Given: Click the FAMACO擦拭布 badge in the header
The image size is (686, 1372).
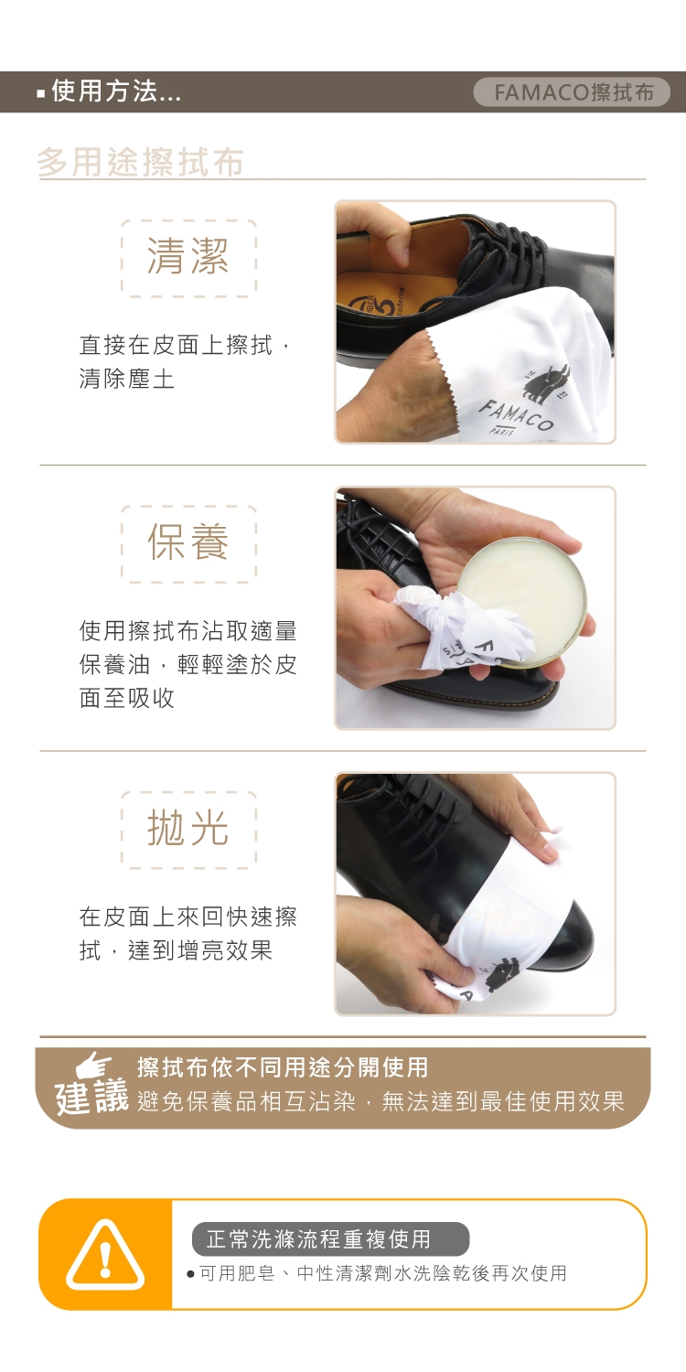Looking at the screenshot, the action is (x=572, y=91).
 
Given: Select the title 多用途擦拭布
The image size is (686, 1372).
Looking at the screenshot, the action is (x=140, y=162).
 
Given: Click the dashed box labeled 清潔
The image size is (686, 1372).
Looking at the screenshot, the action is (x=188, y=259).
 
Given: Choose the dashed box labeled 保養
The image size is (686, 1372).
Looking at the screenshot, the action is (x=188, y=544).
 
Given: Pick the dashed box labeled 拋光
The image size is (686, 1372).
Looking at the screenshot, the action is (x=188, y=830).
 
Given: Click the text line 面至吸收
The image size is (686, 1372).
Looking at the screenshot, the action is (x=127, y=697).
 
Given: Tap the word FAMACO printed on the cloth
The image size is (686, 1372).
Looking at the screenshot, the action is (x=517, y=414).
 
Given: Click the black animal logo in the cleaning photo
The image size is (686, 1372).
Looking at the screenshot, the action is (x=548, y=383).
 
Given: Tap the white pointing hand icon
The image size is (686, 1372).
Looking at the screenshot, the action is (x=93, y=1066).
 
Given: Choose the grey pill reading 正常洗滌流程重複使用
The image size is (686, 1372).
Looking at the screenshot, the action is (x=331, y=1238).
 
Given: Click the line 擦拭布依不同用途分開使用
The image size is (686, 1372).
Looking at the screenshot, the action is (x=283, y=1067).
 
